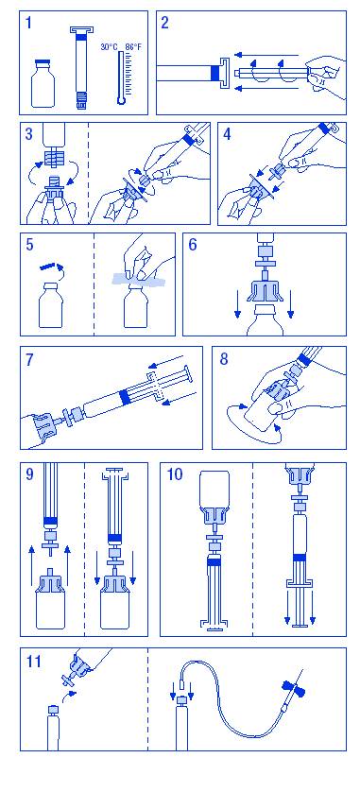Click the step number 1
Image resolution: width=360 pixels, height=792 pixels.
(x=28, y=24)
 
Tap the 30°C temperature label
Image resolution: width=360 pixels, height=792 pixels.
(x=109, y=47)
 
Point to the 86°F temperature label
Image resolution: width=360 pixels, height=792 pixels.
(x=133, y=47)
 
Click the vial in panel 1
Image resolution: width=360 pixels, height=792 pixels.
(x=43, y=83)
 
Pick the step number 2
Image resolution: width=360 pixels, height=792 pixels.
(x=165, y=23)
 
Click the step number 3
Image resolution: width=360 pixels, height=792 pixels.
(x=28, y=135)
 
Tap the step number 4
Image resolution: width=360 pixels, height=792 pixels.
(x=227, y=135)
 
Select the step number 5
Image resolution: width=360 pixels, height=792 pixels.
(x=30, y=245)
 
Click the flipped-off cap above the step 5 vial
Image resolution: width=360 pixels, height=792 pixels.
(x=49, y=265)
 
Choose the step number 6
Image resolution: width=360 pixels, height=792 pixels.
(x=193, y=245)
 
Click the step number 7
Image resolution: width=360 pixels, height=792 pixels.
(x=29, y=359)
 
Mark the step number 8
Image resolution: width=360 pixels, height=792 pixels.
(x=224, y=359)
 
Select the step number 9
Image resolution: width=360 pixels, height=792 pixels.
(x=30, y=475)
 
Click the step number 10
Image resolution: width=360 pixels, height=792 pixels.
(x=174, y=475)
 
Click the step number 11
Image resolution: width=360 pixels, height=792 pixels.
(x=33, y=661)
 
